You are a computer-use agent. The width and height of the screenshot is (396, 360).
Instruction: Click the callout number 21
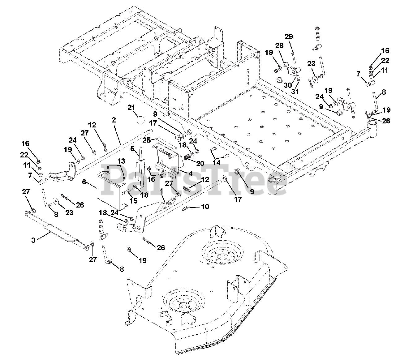point(131,108)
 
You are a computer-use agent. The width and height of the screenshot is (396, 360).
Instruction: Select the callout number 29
point(289,37)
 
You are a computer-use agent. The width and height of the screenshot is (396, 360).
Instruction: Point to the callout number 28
point(279,45)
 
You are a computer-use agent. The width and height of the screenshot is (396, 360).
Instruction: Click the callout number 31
point(295,91)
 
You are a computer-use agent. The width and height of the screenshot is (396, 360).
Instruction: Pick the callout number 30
point(288,85)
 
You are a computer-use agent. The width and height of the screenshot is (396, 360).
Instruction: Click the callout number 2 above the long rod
point(114,120)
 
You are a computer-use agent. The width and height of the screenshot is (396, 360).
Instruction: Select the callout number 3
point(33,240)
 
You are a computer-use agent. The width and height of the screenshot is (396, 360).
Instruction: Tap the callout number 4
point(190,174)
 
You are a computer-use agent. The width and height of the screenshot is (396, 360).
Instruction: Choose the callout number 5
point(132,148)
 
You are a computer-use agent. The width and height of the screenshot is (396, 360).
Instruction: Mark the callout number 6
point(84,182)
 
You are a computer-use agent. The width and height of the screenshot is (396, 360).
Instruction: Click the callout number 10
point(205,207)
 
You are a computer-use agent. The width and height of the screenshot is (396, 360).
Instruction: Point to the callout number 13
point(121,161)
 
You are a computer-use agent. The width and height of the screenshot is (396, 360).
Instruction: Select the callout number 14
point(217,162)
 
